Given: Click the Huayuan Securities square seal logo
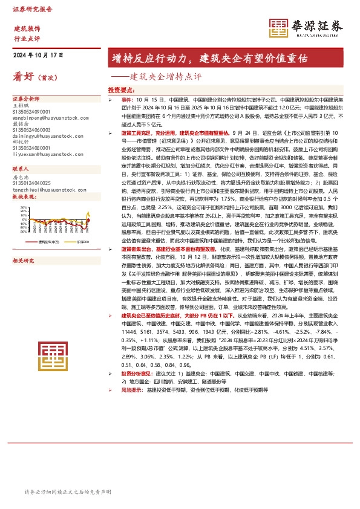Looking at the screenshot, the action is tap(280, 27).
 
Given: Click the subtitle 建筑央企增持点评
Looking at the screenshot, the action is tap(165, 77).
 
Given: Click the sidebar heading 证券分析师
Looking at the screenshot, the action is tap(26, 99).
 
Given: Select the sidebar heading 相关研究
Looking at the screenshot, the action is tap(25, 244).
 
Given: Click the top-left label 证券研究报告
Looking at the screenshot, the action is tap(33, 10).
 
